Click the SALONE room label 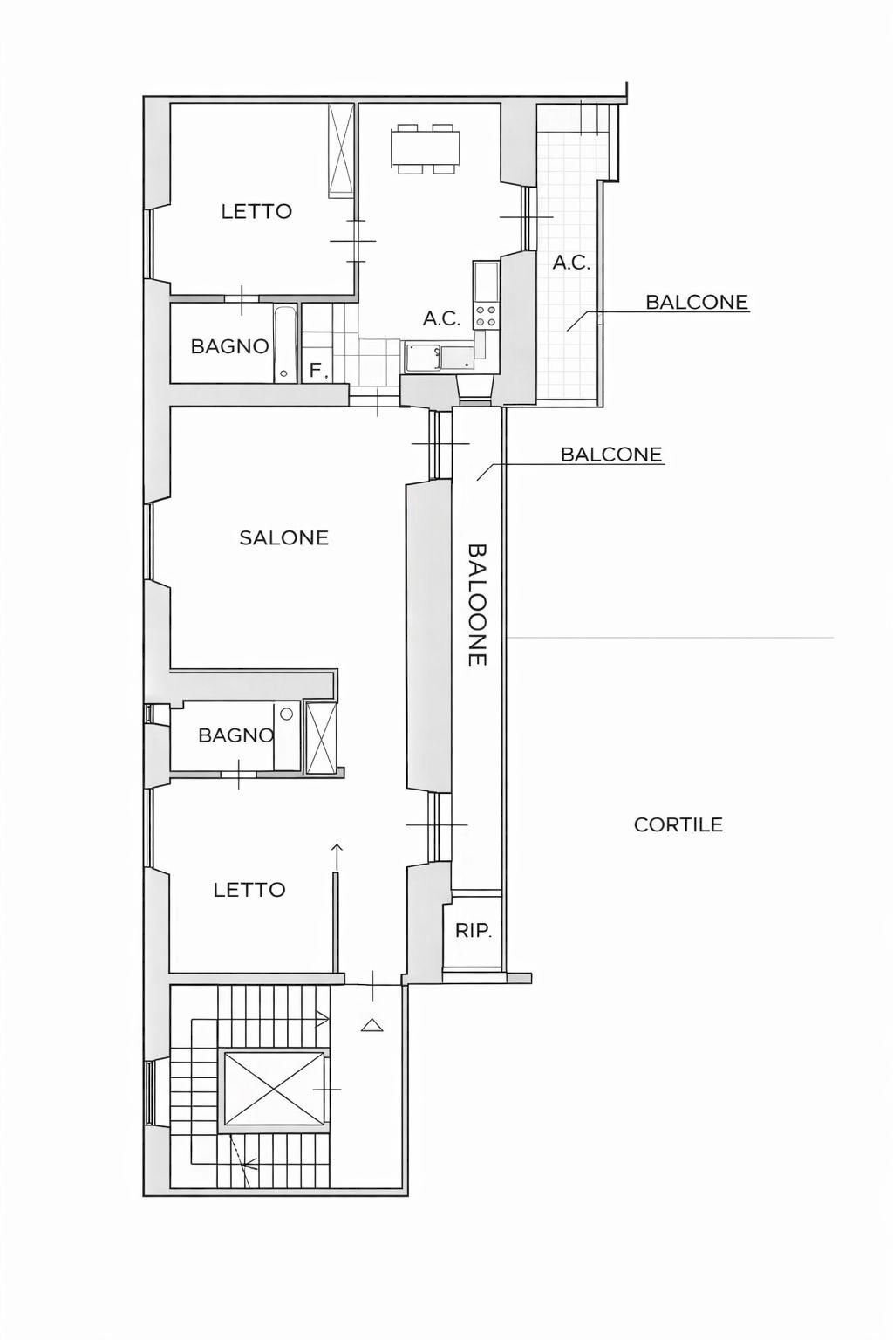point(284,537)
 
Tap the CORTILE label point(678,825)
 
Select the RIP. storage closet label point(474,931)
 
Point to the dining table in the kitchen point(426,148)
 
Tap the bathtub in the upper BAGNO point(285,345)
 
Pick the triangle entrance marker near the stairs point(372,1025)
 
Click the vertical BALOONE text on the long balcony point(478,605)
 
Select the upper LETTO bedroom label point(256,211)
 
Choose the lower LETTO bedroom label point(249,890)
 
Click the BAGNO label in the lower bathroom point(236,735)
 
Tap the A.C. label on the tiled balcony point(571,263)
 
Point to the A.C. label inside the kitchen point(442,318)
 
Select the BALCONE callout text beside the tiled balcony point(697,302)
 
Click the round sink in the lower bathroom point(287,714)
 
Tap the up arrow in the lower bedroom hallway point(337,857)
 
